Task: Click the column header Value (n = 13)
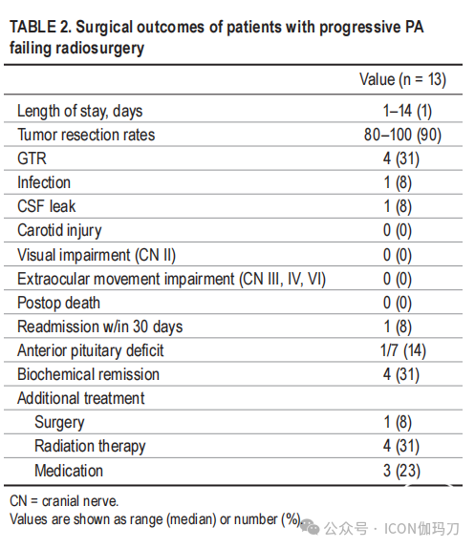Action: pyautogui.click(x=403, y=79)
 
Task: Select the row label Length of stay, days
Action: pyautogui.click(x=79, y=112)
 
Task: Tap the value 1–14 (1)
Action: pyautogui.click(x=407, y=111)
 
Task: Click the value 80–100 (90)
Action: pyautogui.click(x=402, y=135)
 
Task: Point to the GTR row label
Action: pyautogui.click(x=32, y=158)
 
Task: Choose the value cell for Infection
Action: pyautogui.click(x=398, y=182)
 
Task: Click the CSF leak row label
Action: pyautogui.click(x=47, y=206)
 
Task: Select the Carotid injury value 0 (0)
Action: pyautogui.click(x=398, y=231)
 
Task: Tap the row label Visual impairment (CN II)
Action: pyautogui.click(x=97, y=255)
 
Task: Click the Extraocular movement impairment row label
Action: pyautogui.click(x=172, y=279)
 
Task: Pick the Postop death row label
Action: pyautogui.click(x=58, y=304)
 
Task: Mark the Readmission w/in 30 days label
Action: pyautogui.click(x=100, y=327)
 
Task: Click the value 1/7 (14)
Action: pyautogui.click(x=403, y=351)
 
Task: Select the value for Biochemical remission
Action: pyautogui.click(x=401, y=374)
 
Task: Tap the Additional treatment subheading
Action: pyautogui.click(x=81, y=398)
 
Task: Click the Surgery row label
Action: pyautogui.click(x=59, y=423)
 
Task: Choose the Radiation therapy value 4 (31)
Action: pyautogui.click(x=401, y=446)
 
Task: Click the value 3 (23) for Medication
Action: pyautogui.click(x=402, y=471)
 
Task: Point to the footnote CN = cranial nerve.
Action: pyautogui.click(x=64, y=501)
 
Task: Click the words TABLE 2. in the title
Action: pyautogui.click(x=40, y=28)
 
